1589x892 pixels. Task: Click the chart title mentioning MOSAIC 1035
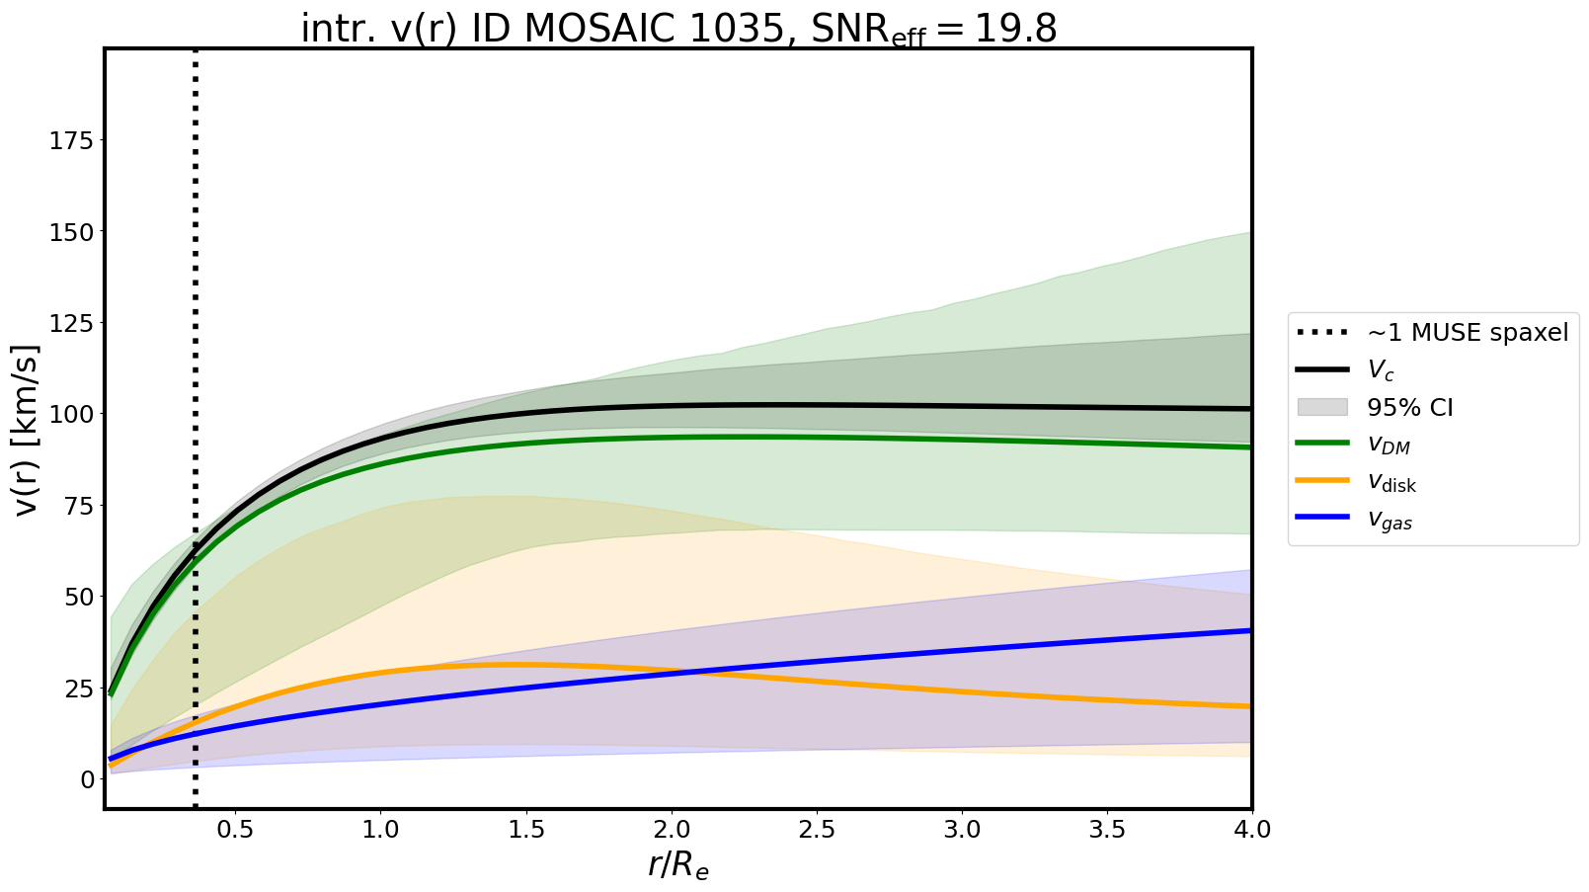[678, 30]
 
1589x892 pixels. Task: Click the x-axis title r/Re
[678, 864]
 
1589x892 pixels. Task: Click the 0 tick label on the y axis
[87, 779]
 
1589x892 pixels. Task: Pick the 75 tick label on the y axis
[78, 506]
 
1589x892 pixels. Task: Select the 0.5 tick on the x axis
[235, 830]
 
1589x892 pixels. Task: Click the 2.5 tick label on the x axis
[817, 830]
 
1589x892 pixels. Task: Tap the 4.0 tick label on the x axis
[1251, 830]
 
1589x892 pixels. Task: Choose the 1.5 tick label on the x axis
[525, 830]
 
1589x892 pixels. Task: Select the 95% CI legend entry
[1409, 408]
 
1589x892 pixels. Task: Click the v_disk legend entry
[1391, 483]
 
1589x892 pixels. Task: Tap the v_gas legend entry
[1390, 521]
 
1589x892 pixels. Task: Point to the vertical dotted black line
[196, 296]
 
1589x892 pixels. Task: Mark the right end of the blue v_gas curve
[1250, 630]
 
